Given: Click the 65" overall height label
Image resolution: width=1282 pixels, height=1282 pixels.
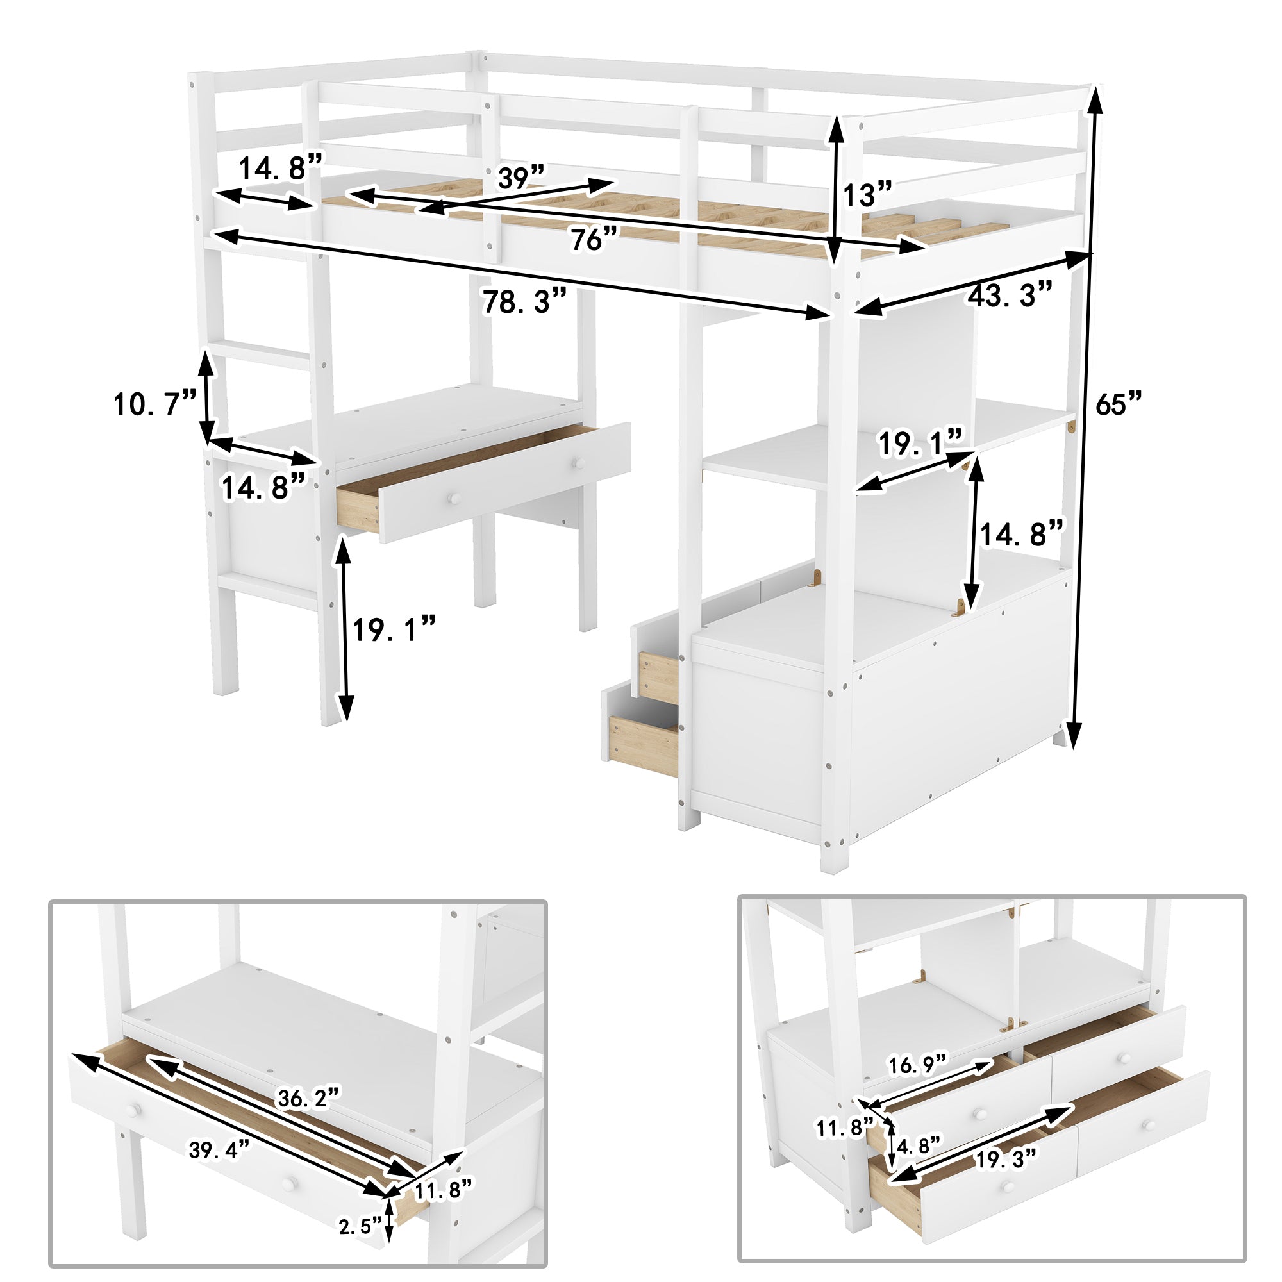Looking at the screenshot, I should pyautogui.click(x=1118, y=403).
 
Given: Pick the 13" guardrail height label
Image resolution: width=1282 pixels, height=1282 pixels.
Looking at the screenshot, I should pyautogui.click(x=867, y=196).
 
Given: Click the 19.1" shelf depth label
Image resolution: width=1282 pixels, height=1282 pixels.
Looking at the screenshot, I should pyautogui.click(x=920, y=444).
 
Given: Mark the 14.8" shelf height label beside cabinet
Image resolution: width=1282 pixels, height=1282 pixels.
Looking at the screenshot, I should pyautogui.click(x=1022, y=533).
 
